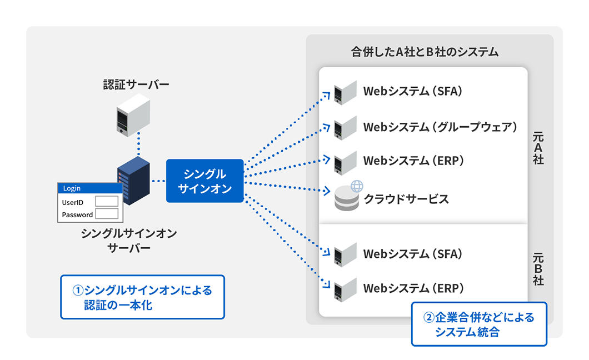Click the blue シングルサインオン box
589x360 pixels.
[204, 181]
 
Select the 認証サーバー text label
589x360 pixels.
[136, 84]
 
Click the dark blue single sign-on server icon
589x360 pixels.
[134, 178]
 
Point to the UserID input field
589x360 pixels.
[107, 202]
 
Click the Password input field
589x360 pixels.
[107, 214]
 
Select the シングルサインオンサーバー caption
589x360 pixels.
[129, 241]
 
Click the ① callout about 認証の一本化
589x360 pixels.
[142, 297]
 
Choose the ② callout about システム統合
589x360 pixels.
[479, 324]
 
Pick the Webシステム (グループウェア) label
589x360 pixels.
[440, 127]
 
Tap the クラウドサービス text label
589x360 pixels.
[406, 199]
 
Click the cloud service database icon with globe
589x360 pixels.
[348, 197]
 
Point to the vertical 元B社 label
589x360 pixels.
[538, 269]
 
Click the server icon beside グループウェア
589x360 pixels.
[345, 128]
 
